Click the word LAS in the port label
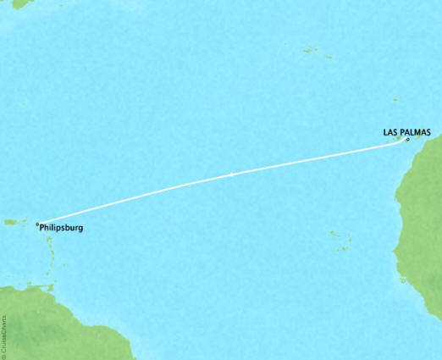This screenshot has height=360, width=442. tap(390, 132)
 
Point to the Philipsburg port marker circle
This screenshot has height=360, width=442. tap(38, 224)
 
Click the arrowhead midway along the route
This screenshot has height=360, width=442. tap(231, 174)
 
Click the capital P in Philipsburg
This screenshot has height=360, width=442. tap(43, 227)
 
